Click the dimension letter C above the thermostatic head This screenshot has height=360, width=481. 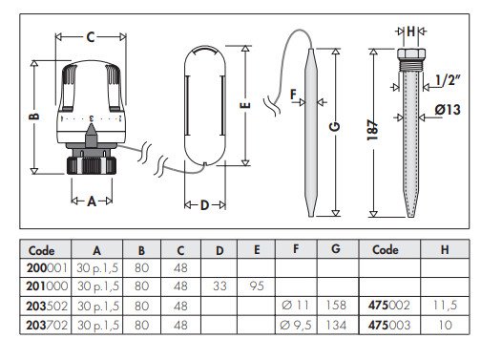[91, 37]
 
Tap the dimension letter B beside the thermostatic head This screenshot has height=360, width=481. [34, 116]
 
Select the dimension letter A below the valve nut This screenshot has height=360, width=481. [92, 201]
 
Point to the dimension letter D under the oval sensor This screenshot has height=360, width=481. [205, 205]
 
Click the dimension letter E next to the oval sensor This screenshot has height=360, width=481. [245, 105]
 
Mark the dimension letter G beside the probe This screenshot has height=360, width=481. [335, 127]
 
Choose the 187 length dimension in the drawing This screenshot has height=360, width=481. [373, 130]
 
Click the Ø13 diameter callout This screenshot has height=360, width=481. [448, 110]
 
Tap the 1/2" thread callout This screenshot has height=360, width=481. [447, 80]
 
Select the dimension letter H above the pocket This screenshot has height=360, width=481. [411, 32]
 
